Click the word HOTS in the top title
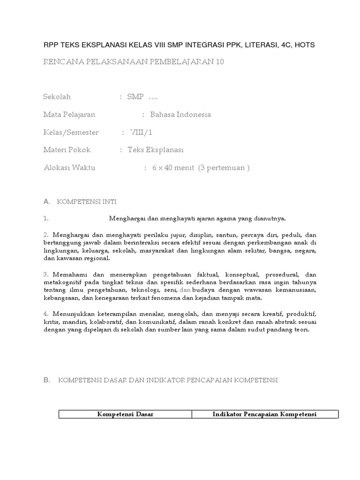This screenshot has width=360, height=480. point(305,45)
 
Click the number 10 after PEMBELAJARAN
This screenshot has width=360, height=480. point(220,62)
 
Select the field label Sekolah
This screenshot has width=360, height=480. point(57,97)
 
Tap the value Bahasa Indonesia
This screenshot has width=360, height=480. point(180,115)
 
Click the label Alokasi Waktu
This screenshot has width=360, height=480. point(69,168)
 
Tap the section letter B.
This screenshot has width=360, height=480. point(46,380)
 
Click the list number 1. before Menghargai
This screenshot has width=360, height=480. point(46,218)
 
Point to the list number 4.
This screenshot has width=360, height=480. point(46,313)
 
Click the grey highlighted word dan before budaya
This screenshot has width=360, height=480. point(186,290)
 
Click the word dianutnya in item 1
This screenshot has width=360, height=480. point(270,218)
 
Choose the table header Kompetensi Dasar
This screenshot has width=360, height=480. point(125,414)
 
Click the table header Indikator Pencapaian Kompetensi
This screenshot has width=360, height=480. point(264,414)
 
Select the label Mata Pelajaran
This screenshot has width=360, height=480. point(69,115)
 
